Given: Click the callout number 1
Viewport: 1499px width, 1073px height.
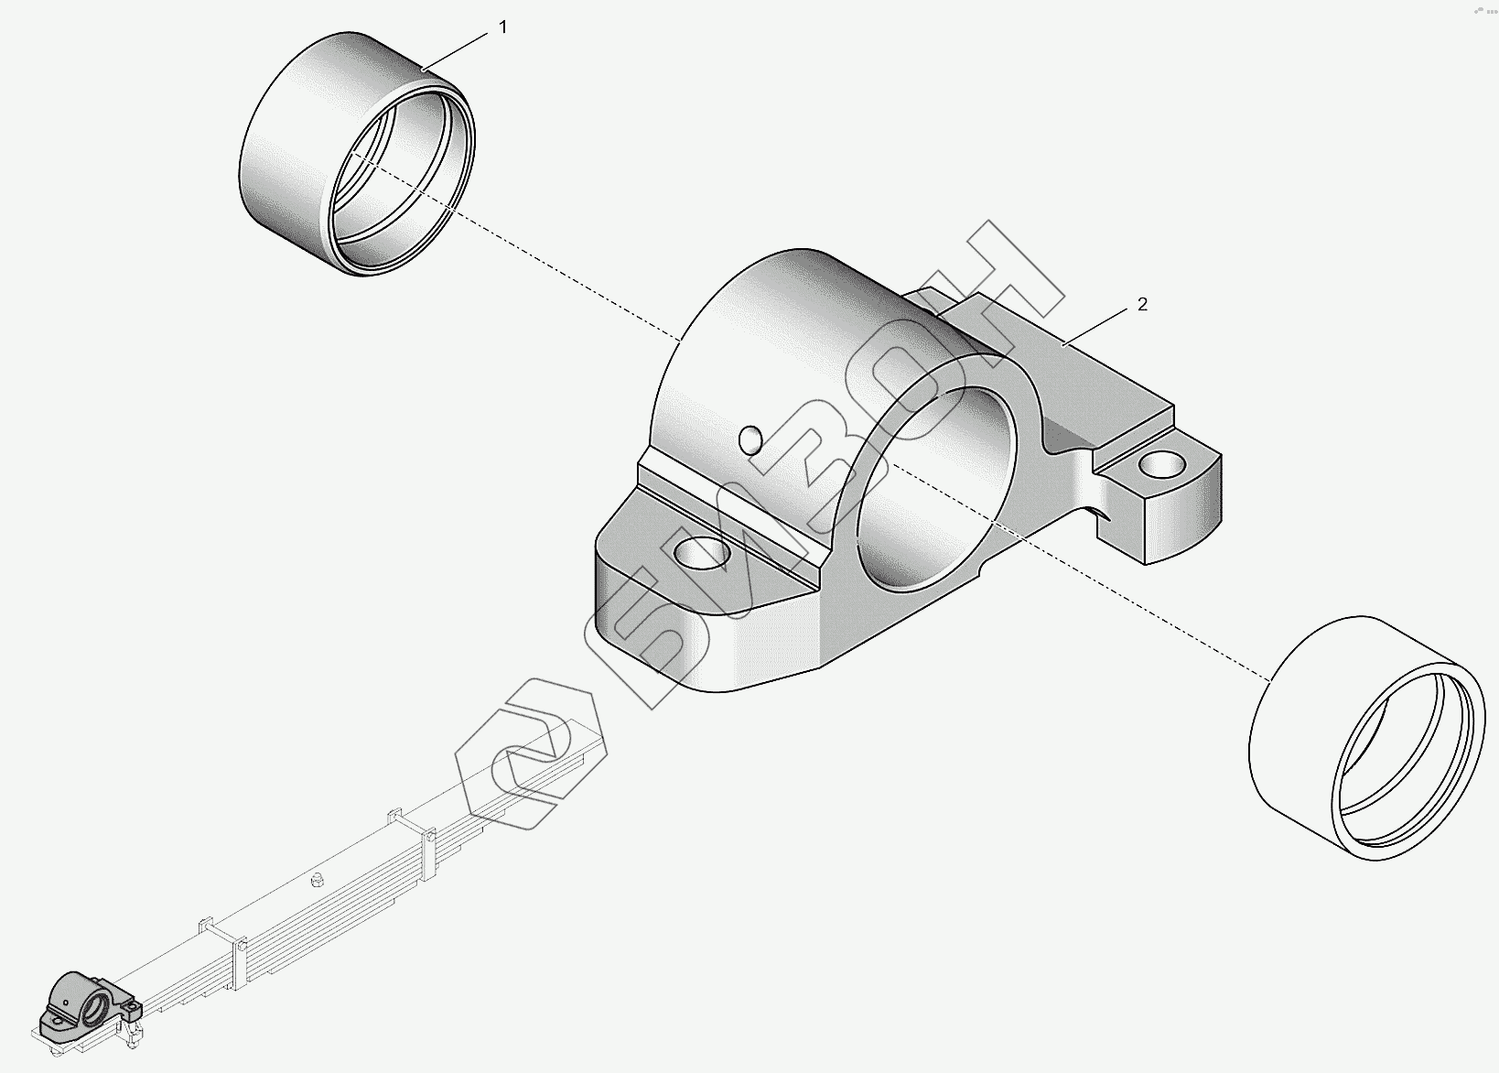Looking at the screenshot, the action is click(x=502, y=28).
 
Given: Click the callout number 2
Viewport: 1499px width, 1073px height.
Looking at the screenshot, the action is click(x=1141, y=305).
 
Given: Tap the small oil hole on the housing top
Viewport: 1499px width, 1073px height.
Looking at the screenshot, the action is click(x=750, y=440).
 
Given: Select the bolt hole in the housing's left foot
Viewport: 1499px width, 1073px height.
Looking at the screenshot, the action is click(x=703, y=552).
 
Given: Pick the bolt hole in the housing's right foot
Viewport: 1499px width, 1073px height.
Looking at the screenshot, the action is click(x=1160, y=466).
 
